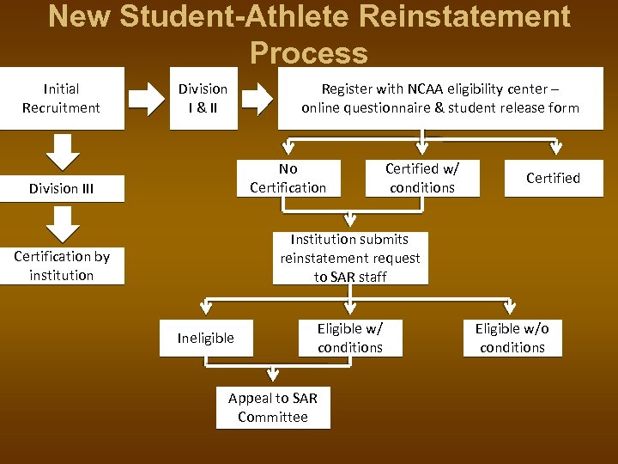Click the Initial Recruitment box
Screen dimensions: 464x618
pyautogui.click(x=61, y=98)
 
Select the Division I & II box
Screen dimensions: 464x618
pyautogui.click(x=203, y=98)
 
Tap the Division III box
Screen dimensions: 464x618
pyautogui.click(x=61, y=188)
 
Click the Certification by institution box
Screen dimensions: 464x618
pyautogui.click(x=61, y=266)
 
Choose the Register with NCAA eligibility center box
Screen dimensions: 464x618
pyautogui.click(x=439, y=98)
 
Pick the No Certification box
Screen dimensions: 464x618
pyautogui.click(x=288, y=178)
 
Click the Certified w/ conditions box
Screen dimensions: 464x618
pyautogui.click(x=421, y=178)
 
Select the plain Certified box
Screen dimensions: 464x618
pyautogui.click(x=553, y=178)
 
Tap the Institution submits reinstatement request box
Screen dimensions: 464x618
pyautogui.click(x=350, y=258)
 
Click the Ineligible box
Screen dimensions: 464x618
pyautogui.click(x=205, y=338)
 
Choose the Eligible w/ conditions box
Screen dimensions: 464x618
pyautogui.click(x=349, y=338)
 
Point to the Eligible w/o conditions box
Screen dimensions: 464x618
pyautogui.click(x=512, y=338)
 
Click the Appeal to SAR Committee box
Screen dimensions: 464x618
pyautogui.click(x=273, y=407)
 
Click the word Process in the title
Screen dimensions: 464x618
pyautogui.click(x=309, y=53)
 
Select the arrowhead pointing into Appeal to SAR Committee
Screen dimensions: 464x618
pyautogui.click(x=273, y=375)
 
